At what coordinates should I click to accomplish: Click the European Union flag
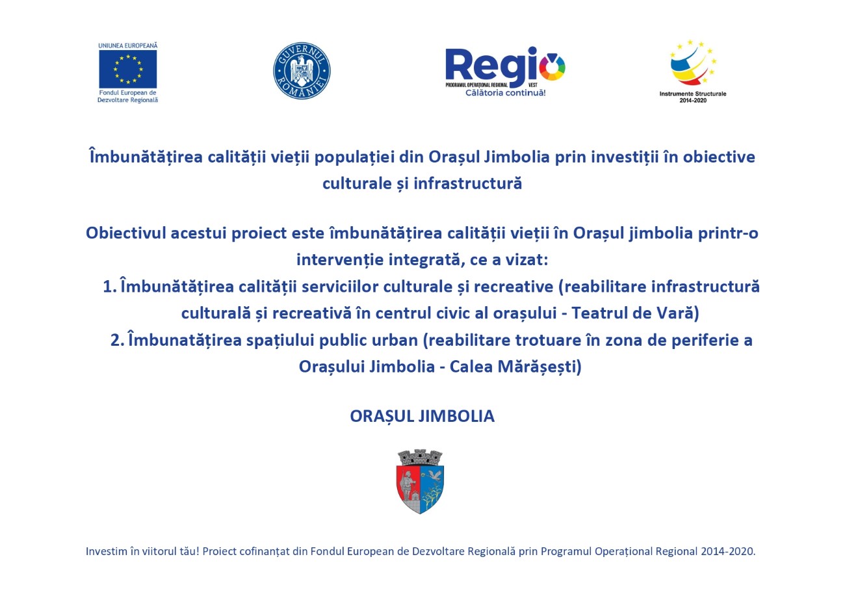coord(128,69)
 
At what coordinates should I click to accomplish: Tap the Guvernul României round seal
coord(302,71)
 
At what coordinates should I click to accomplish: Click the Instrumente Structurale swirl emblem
coord(694,62)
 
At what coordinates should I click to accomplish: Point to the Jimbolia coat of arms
coord(421,482)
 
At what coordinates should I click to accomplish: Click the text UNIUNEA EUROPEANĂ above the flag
coord(128,45)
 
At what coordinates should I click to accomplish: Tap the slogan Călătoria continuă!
coord(506,93)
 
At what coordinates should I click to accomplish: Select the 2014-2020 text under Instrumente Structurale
coord(693,100)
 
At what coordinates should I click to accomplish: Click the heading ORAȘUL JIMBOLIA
coord(422,417)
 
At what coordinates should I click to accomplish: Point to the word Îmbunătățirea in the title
coord(146,157)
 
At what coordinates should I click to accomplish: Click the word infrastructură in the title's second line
coord(468,184)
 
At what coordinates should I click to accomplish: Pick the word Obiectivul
coord(126,233)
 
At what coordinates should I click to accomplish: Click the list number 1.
coord(110,287)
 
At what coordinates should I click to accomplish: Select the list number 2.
coord(117,341)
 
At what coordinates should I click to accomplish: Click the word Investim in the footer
coord(107,552)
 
